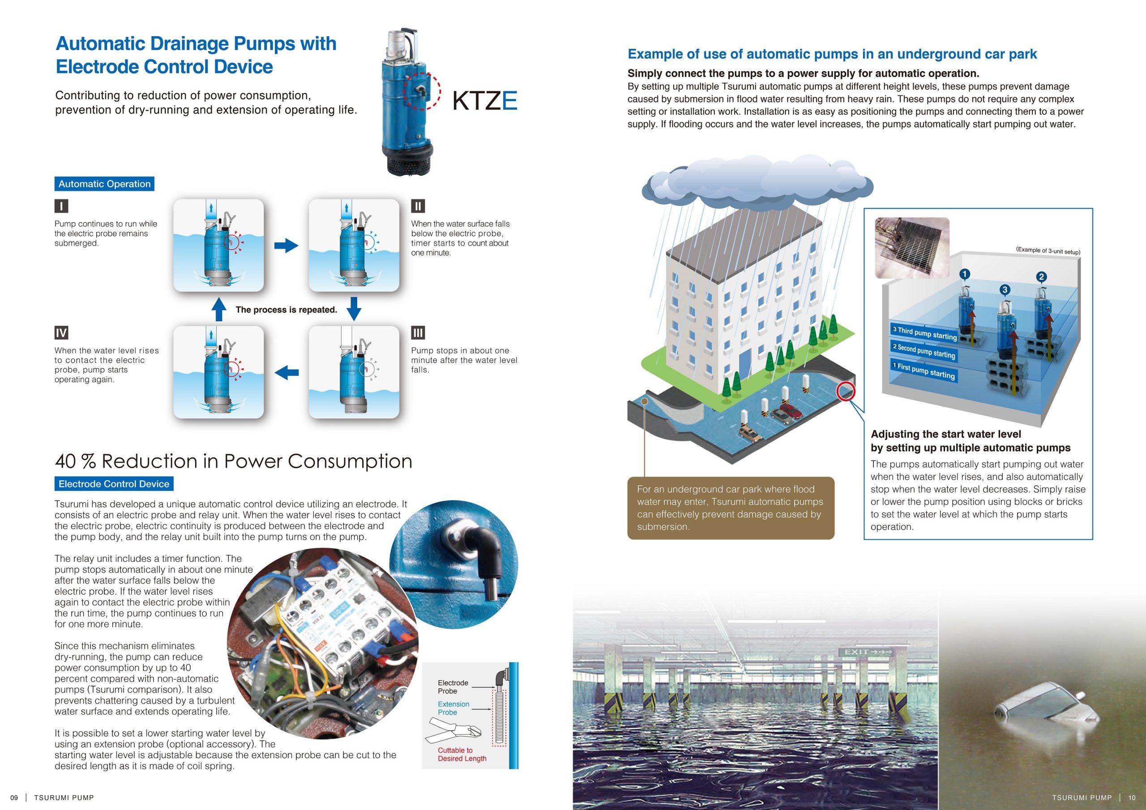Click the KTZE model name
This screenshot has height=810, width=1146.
[484, 101]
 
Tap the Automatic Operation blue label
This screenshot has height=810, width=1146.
[104, 183]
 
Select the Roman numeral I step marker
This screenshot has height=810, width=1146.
[61, 205]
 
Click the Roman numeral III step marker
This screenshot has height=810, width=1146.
[418, 333]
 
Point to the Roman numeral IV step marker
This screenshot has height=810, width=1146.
[61, 333]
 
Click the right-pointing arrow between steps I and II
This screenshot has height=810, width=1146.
[286, 246]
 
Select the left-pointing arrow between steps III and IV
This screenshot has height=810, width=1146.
[286, 372]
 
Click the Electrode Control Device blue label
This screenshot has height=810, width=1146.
[114, 484]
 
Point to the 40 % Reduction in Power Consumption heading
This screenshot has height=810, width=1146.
[234, 461]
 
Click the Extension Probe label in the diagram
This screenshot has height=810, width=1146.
[453, 708]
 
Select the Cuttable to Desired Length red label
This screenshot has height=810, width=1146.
[462, 754]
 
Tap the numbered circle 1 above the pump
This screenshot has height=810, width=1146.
[964, 274]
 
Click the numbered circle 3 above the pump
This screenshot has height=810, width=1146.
[1005, 290]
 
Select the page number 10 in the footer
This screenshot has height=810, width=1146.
[1132, 797]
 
